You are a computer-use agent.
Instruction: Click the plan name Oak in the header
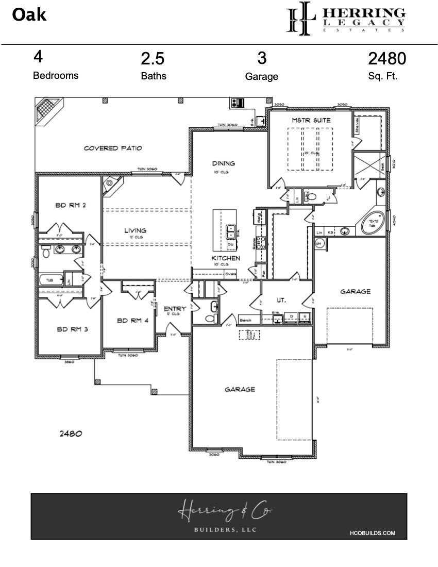(29, 15)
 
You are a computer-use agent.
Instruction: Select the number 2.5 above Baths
(153, 59)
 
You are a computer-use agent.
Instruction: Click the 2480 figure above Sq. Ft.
(386, 59)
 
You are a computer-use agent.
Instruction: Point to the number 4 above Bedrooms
(38, 56)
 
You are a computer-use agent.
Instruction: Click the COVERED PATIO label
(113, 148)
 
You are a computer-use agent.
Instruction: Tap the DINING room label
(224, 163)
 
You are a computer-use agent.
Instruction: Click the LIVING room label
(134, 230)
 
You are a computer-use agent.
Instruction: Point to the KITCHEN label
(226, 257)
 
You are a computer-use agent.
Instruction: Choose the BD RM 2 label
(70, 205)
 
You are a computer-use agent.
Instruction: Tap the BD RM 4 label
(132, 320)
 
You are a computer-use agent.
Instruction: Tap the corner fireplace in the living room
(110, 184)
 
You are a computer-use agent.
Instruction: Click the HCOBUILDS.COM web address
(372, 533)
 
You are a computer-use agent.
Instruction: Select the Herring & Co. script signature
(225, 512)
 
